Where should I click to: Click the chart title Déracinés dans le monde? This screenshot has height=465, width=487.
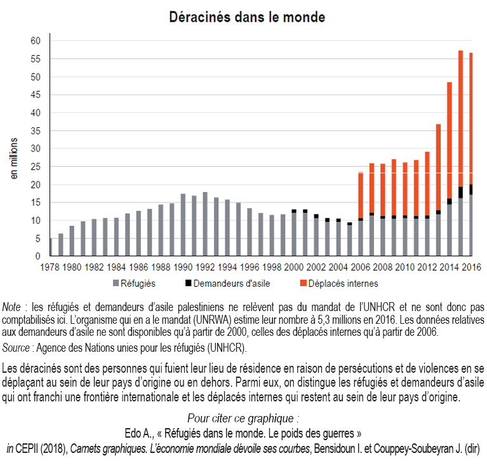point(247,17)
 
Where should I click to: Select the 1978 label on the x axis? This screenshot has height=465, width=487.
point(51,267)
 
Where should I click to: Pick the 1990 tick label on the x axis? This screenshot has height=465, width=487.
point(183,267)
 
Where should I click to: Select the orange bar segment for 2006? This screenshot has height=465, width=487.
point(361,195)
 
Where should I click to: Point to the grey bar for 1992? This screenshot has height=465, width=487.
point(205,224)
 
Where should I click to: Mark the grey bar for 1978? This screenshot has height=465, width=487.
point(50,247)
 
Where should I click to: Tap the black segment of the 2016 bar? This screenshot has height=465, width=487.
point(471,190)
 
